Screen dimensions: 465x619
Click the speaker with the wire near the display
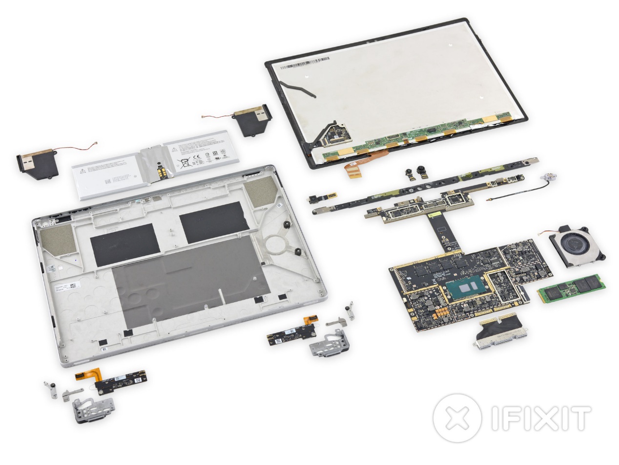(x=252, y=119)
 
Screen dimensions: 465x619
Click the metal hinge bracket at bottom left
(x=93, y=408)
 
